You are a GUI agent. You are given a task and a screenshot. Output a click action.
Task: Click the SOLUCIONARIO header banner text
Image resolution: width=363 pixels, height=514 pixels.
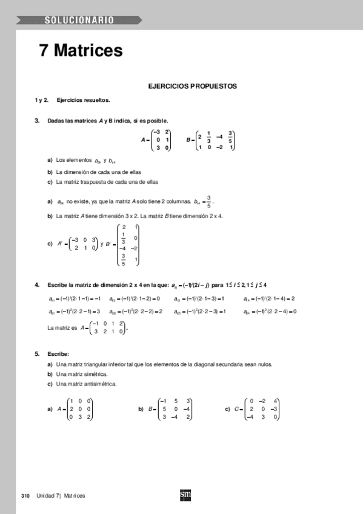coord(78,21)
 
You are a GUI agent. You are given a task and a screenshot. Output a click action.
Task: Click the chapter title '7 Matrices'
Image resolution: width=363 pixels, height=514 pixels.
coord(81,51)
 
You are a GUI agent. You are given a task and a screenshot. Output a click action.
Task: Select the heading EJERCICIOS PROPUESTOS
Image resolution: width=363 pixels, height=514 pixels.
coord(192,87)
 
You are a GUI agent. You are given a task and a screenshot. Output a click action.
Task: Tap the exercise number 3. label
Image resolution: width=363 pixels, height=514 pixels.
coord(38,121)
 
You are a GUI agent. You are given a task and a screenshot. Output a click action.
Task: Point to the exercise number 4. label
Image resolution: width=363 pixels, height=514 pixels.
coord(38,285)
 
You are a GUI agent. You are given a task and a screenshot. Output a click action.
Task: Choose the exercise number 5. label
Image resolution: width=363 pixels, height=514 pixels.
coord(38,353)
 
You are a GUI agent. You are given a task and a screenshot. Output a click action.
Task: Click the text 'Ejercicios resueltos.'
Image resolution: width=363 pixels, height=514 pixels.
coord(83,100)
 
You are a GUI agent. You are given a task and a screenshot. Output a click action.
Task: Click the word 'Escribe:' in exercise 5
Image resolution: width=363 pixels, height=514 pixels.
coord(58,353)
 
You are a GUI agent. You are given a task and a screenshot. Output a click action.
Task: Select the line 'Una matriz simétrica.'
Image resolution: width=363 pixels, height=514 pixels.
coord(81,374)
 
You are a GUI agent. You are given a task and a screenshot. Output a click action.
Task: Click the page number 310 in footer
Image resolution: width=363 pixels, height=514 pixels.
coord(25,496)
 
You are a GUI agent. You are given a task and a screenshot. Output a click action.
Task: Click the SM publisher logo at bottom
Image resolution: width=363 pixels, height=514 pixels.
coord(185,495)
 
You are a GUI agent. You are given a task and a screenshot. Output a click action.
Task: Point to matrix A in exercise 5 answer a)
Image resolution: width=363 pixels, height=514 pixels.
coord(80,409)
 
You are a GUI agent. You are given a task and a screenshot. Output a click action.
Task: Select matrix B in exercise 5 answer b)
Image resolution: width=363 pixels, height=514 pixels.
coord(175,409)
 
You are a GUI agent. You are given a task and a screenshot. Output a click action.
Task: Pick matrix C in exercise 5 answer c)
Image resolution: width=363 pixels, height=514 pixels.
coord(261,409)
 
